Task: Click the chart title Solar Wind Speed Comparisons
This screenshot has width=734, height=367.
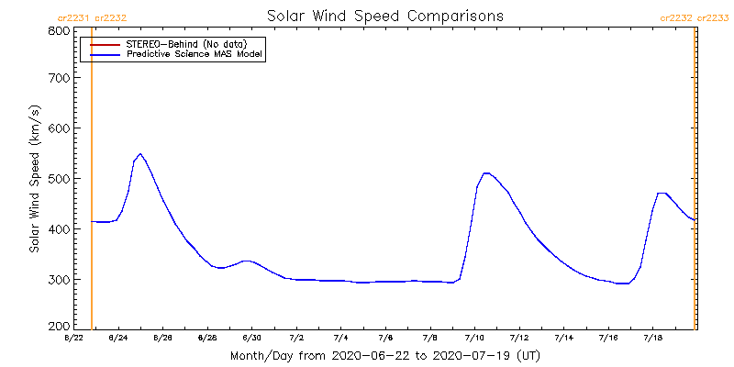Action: pyautogui.click(x=385, y=17)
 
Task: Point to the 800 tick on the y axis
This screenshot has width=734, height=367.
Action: pyautogui.click(x=60, y=31)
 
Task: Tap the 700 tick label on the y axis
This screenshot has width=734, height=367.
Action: pyautogui.click(x=60, y=78)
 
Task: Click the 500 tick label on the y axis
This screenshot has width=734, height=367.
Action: pyautogui.click(x=60, y=178)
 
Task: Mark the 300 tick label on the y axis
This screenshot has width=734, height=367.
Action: pyautogui.click(x=60, y=279)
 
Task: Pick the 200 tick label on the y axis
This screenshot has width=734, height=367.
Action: pyautogui.click(x=60, y=326)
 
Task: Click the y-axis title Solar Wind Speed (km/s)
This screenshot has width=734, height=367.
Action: pyautogui.click(x=34, y=179)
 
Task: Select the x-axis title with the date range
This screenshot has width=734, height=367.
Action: pyautogui.click(x=384, y=355)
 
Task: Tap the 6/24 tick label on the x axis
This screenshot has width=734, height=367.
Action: pyautogui.click(x=117, y=339)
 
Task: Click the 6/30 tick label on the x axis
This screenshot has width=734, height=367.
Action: pyautogui.click(x=251, y=339)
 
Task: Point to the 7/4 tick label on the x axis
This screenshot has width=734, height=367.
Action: pyautogui.click(x=340, y=339)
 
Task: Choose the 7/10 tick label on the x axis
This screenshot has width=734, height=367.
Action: pyautogui.click(x=474, y=339)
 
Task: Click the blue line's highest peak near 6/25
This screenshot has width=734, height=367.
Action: pyautogui.click(x=139, y=154)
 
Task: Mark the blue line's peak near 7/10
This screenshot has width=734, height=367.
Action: pyautogui.click(x=486, y=172)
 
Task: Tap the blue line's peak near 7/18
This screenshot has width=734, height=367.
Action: pyautogui.click(x=662, y=193)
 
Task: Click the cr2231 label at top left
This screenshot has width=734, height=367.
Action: pyautogui.click(x=72, y=17)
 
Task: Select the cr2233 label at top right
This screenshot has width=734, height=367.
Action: pyautogui.click(x=713, y=17)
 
